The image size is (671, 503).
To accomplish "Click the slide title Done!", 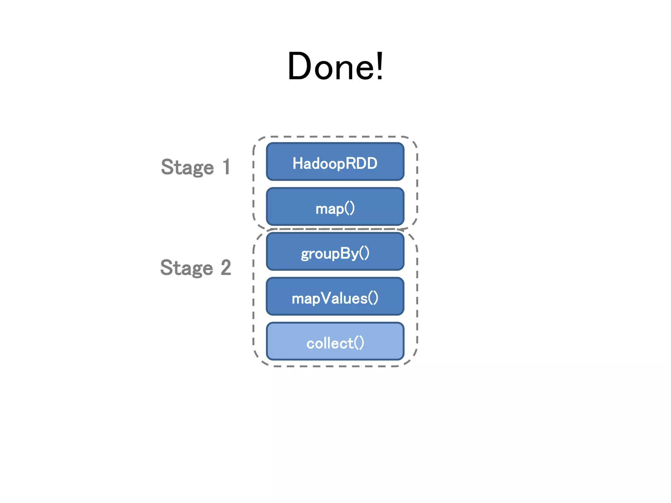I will coord(335,66).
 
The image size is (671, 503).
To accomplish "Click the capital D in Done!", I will coord(299,66).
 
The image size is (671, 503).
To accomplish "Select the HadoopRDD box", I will coord(335,162).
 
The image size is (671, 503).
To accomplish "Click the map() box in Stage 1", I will coord(335,207).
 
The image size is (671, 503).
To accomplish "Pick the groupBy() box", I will coord(335,252).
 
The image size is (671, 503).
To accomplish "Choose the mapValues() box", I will coord(335,297).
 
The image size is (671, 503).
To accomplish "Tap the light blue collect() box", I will coord(335,342).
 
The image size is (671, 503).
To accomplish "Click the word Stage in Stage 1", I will coord(187,168).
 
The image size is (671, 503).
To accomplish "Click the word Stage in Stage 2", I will coord(186,268).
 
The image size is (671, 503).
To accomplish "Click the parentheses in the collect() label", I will coord(359,343).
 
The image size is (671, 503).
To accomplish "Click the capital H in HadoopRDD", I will coord(297,163).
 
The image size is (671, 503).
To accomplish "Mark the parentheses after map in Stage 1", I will coord(350,208).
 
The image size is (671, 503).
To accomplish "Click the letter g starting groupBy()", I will coord(305,254).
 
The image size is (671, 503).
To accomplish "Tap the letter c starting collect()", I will coord(310,344).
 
